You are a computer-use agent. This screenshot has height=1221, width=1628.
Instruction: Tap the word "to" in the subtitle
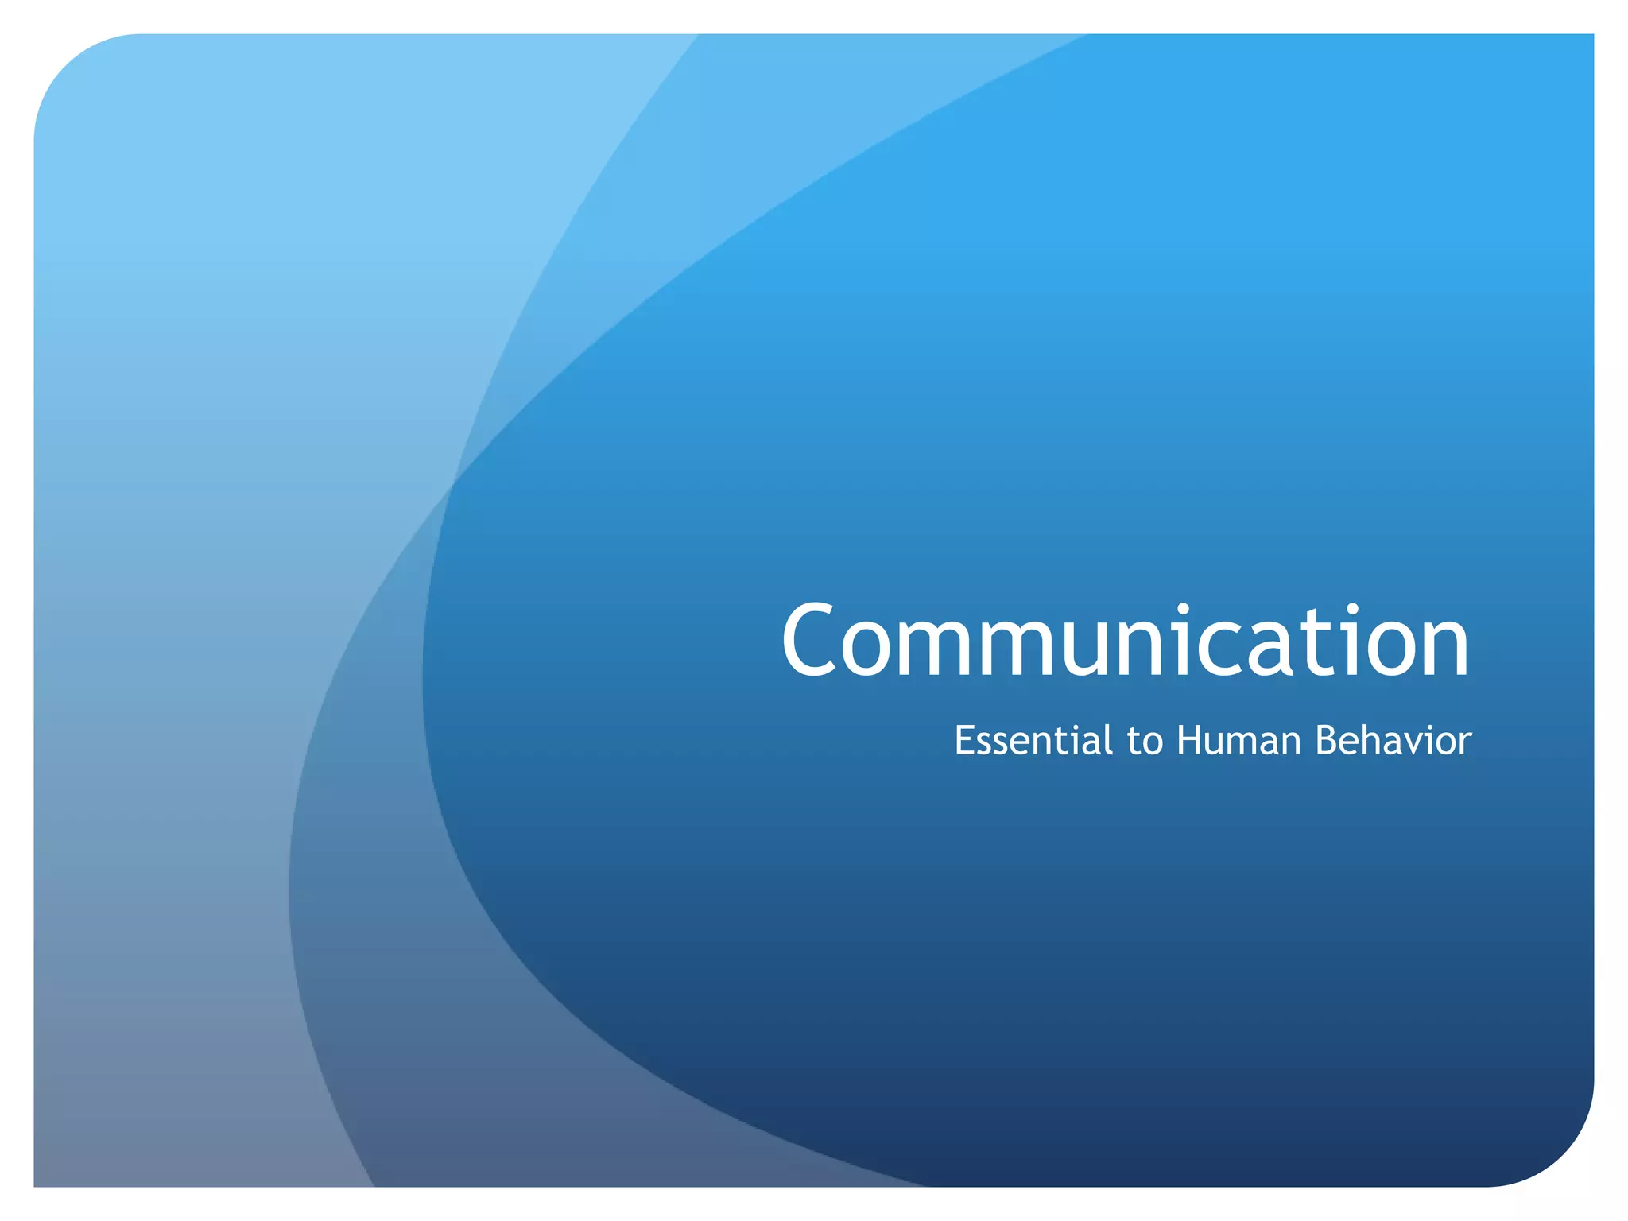point(1145,742)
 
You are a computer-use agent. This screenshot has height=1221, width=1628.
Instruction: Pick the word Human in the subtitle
point(1238,741)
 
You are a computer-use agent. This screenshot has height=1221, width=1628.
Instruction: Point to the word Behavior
point(1393,741)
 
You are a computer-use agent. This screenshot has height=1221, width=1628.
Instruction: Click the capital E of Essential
point(964,741)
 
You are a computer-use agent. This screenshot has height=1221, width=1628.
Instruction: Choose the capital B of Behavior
point(1328,741)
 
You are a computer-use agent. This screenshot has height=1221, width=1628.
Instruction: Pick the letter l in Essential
point(1107,739)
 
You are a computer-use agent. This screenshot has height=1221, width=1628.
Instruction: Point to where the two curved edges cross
point(452,482)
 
